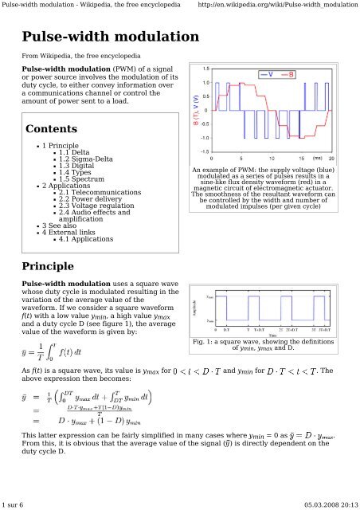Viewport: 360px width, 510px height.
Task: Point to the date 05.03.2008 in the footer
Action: click(x=319, y=504)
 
